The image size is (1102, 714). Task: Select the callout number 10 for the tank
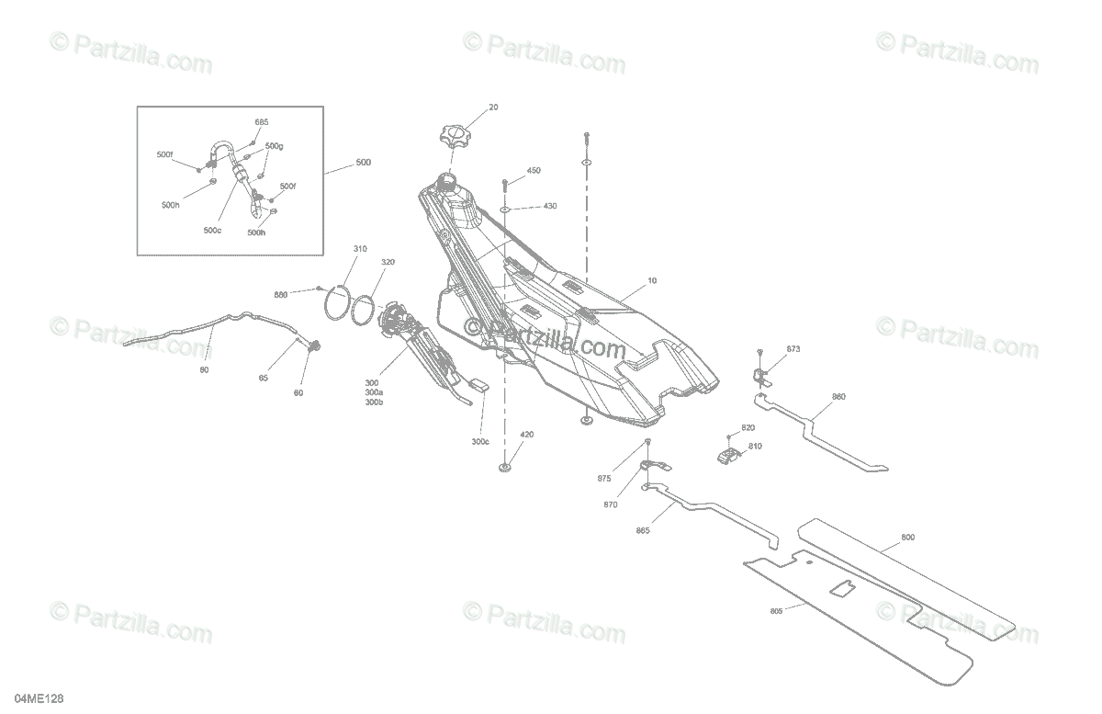point(652,279)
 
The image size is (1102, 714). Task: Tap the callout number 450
point(534,171)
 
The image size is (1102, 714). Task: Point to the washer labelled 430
point(505,210)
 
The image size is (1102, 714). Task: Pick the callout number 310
point(360,249)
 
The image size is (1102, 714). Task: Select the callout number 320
point(388,262)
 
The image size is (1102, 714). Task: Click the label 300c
point(480,441)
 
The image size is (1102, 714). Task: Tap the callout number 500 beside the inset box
point(363,163)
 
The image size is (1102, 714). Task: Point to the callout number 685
point(262,122)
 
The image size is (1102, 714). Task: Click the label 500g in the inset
point(274,146)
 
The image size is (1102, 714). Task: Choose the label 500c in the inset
point(212,230)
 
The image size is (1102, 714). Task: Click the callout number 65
point(264,378)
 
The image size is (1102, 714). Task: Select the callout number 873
point(793,349)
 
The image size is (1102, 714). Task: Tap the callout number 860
point(838,397)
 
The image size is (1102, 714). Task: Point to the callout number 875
point(629,478)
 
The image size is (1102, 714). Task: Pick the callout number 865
point(642,530)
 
